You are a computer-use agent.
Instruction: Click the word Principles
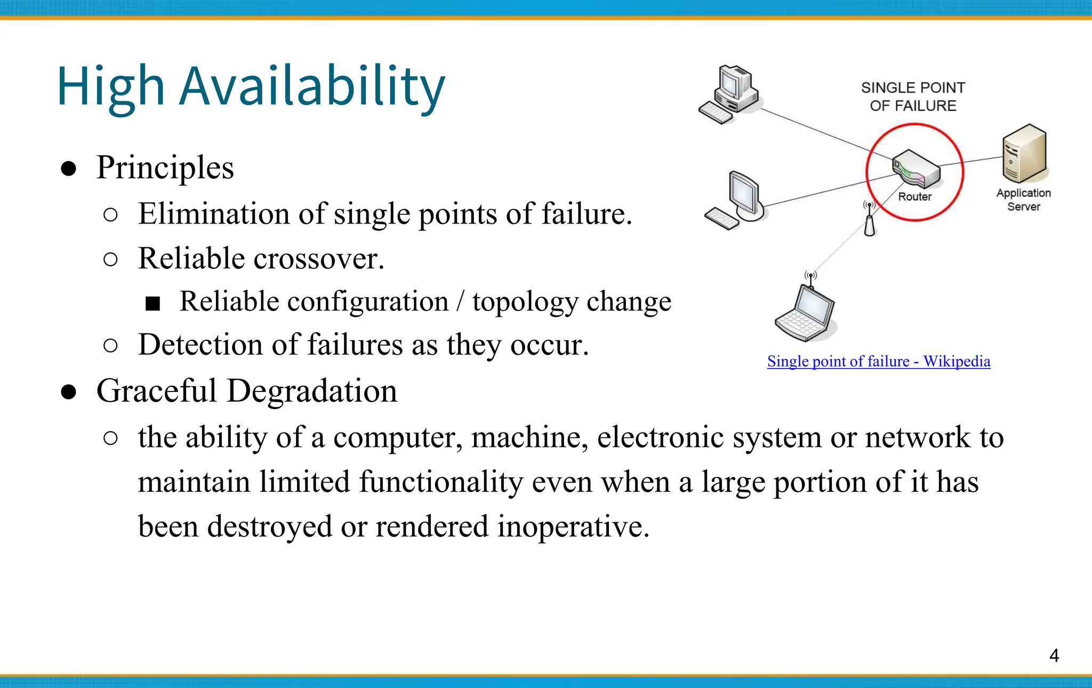point(165,168)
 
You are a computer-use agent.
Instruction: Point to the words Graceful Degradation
point(246,391)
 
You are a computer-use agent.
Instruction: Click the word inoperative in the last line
point(573,526)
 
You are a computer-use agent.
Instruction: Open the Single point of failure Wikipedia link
point(878,362)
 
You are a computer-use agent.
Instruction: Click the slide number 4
point(1054,655)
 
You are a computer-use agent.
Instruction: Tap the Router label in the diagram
point(914,197)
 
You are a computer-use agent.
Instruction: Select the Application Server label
point(1023,199)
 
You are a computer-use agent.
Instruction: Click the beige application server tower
point(1024,153)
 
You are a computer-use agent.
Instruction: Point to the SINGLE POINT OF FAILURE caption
point(913,97)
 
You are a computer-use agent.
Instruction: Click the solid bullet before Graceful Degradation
point(68,392)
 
